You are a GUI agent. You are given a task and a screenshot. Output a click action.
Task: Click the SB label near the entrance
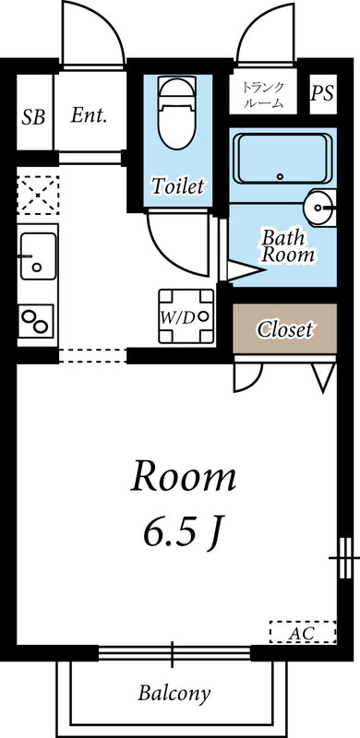32,117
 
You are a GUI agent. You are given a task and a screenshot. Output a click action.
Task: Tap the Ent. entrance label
90,116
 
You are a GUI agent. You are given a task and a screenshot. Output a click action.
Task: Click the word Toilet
177,186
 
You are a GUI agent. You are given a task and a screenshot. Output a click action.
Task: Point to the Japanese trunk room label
264,95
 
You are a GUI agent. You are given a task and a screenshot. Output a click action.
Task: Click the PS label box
322,93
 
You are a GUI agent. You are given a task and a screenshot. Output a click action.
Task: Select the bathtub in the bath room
283,159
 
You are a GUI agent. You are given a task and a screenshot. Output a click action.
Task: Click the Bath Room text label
287,245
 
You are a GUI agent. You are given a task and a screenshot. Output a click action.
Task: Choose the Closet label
284,328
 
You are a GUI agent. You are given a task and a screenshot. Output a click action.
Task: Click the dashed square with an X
38,196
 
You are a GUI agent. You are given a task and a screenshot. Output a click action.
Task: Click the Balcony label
174,692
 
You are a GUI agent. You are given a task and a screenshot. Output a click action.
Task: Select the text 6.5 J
183,530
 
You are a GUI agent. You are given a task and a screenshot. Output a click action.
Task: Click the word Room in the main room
183,477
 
